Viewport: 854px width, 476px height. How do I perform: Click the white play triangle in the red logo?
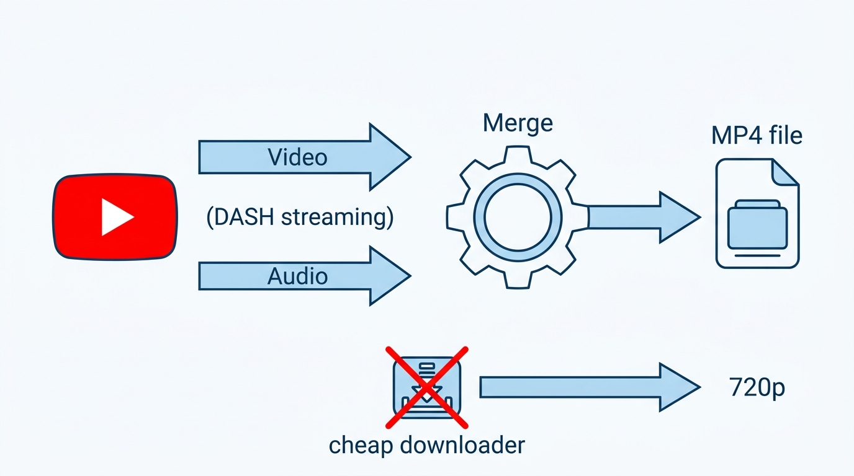click(x=116, y=216)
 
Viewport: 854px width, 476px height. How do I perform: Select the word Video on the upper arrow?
click(x=297, y=157)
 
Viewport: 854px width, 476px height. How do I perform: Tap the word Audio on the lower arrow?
click(x=297, y=276)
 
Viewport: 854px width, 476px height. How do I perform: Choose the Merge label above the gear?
click(x=517, y=123)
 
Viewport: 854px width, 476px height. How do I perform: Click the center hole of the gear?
click(x=518, y=217)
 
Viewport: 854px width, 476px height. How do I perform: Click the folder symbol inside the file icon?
click(x=757, y=224)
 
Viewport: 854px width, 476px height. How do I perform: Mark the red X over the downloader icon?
click(x=426, y=387)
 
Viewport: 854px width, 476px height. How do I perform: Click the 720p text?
click(x=757, y=389)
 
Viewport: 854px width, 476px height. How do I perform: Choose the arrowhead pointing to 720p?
click(x=679, y=387)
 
